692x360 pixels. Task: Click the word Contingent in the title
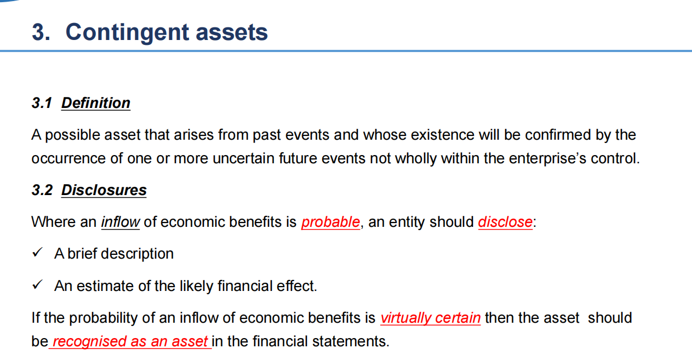(x=127, y=32)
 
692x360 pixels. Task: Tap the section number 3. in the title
(x=41, y=32)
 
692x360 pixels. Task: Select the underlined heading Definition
(x=96, y=103)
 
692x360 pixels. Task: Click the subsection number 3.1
(x=42, y=103)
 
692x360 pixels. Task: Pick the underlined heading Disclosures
(x=104, y=190)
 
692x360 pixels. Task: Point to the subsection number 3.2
(x=42, y=190)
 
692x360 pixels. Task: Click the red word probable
(x=330, y=222)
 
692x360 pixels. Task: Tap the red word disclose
(x=505, y=222)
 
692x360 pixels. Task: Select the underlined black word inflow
(x=121, y=222)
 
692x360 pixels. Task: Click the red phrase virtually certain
(x=430, y=318)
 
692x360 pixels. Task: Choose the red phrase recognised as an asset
(x=130, y=341)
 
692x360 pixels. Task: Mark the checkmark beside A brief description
(x=37, y=252)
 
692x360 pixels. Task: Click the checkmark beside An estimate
(x=37, y=284)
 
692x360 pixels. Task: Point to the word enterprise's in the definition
(x=547, y=158)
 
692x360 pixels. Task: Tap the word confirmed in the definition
(x=558, y=135)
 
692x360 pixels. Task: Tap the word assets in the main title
(x=232, y=32)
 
